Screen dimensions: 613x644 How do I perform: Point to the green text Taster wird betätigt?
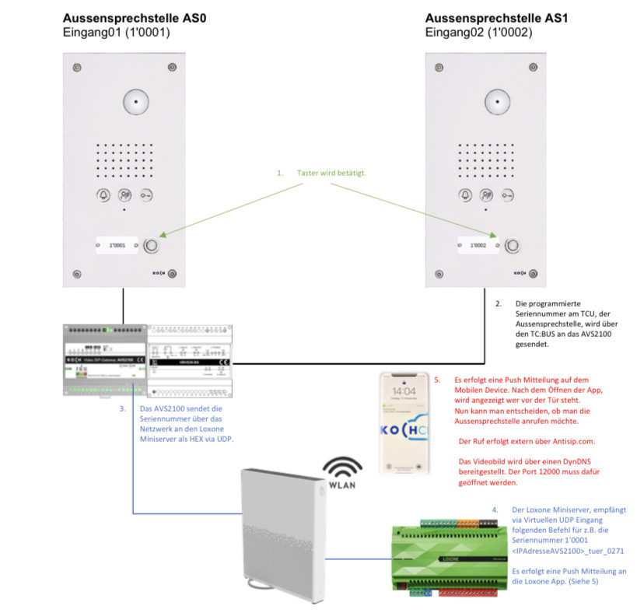point(331,172)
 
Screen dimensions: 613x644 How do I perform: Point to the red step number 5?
point(438,381)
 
